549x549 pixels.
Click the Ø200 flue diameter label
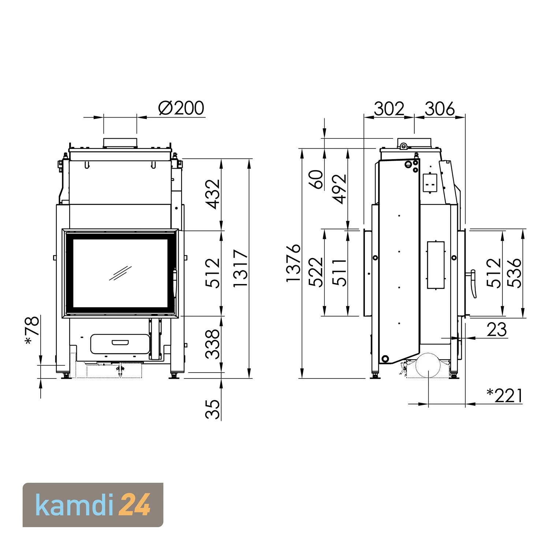click(181, 108)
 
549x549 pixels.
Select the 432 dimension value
click(213, 194)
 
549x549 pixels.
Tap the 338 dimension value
click(213, 344)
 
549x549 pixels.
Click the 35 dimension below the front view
click(213, 409)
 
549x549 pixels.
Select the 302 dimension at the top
click(389, 109)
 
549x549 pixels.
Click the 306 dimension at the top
click(439, 109)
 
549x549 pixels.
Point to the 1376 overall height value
click(294, 263)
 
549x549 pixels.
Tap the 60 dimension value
click(318, 179)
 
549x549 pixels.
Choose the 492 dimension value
click(340, 189)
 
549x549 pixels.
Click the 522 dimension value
click(316, 272)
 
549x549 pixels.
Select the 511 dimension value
click(340, 272)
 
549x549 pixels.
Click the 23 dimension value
click(497, 329)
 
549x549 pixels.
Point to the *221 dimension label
click(505, 396)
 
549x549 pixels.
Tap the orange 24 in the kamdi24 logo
click(135, 505)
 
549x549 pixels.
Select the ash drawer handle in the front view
click(120, 343)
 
